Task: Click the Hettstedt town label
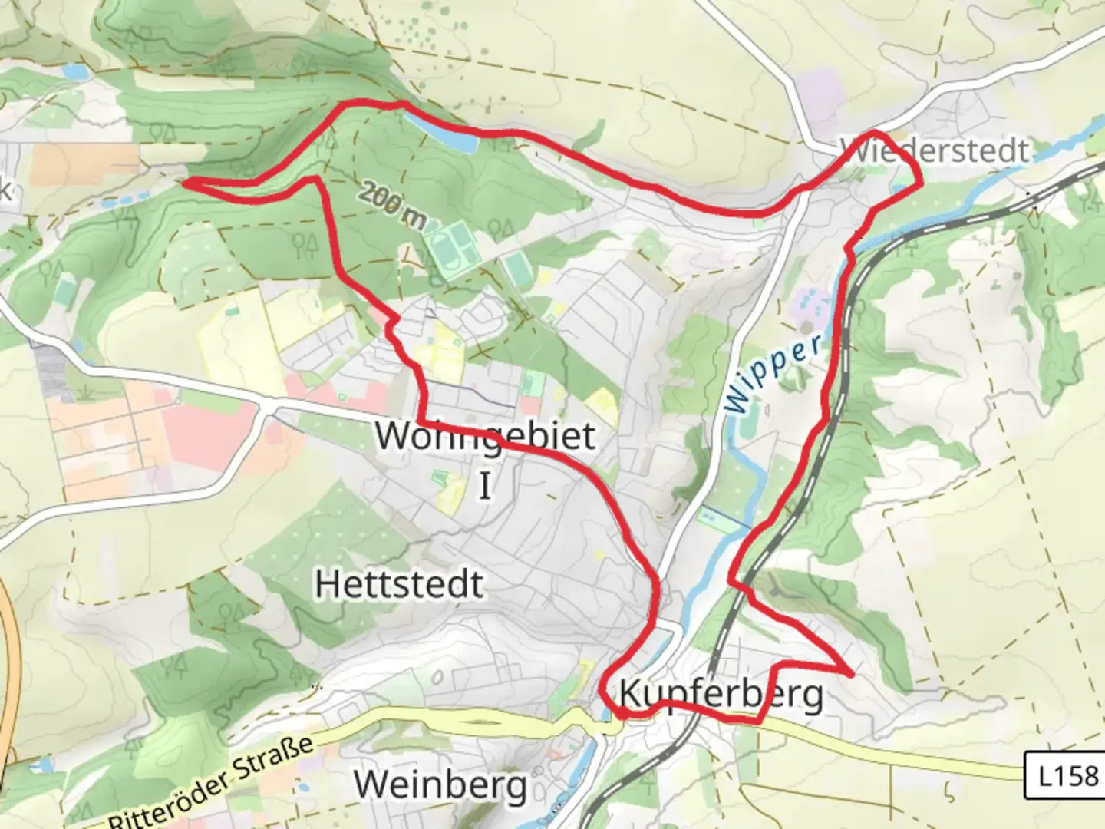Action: (399, 584)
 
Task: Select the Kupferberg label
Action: (721, 694)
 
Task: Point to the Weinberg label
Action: (440, 784)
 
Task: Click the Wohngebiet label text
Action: (485, 435)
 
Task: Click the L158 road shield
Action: (1067, 776)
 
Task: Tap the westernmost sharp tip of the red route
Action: (184, 181)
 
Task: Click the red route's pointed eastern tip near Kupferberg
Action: (851, 674)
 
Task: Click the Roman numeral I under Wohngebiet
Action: (484, 486)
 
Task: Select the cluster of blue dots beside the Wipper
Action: (812, 306)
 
